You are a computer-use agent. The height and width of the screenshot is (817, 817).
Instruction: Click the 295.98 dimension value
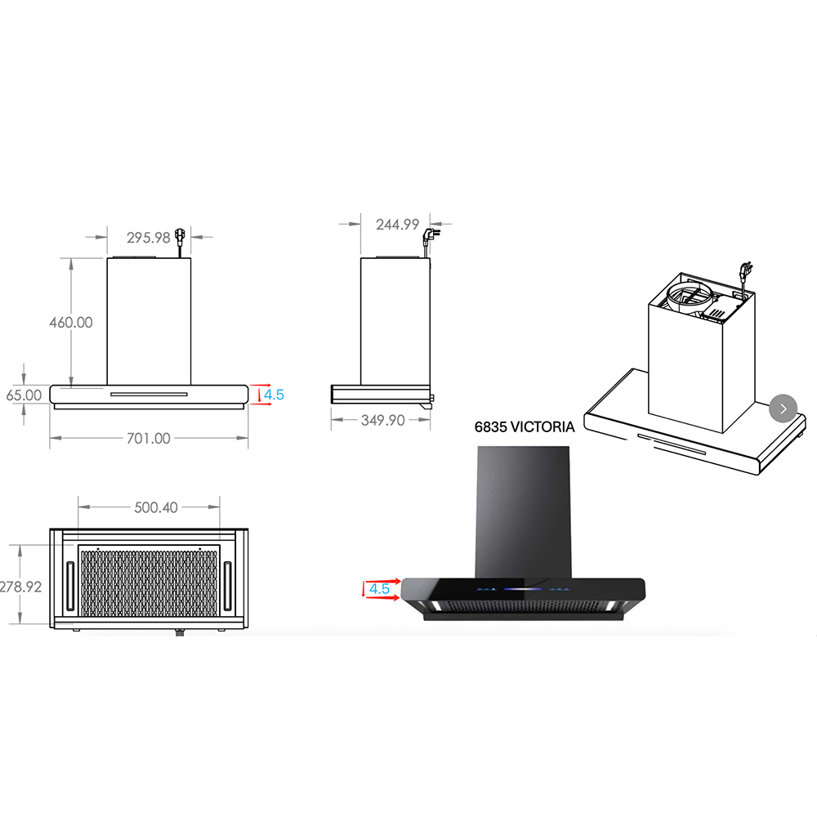(x=149, y=238)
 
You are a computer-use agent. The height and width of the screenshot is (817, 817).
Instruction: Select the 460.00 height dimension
(x=71, y=323)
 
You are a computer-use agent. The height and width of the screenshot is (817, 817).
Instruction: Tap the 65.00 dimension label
(x=24, y=395)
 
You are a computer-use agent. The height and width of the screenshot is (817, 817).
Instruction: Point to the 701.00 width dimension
(x=149, y=438)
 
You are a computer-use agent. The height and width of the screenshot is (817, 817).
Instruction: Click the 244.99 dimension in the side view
(x=398, y=225)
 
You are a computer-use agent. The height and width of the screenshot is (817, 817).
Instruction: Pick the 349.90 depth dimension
(x=383, y=420)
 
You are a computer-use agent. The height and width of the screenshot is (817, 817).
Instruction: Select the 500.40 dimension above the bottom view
(x=156, y=507)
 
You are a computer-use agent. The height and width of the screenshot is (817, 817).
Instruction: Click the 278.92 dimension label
(x=21, y=587)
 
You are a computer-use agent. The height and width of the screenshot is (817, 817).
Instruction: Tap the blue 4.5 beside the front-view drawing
(x=274, y=395)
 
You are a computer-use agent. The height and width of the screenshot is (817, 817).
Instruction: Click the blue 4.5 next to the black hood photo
(x=379, y=589)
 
